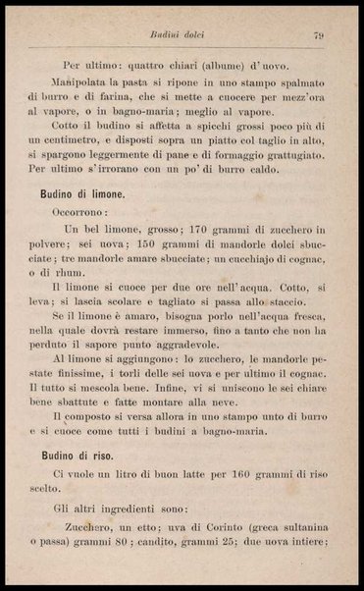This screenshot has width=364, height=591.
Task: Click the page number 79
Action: coord(319,37)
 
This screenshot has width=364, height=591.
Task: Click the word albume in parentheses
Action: coord(209,65)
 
